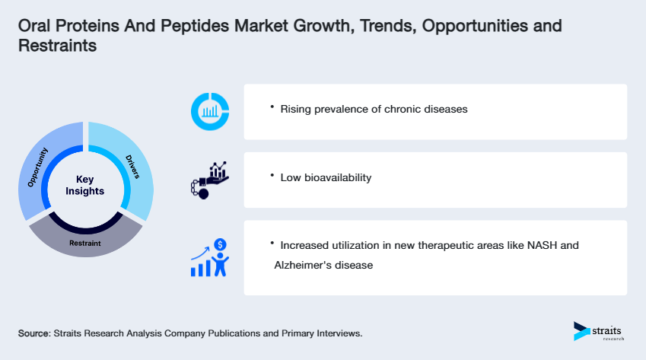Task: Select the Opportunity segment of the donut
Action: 39,168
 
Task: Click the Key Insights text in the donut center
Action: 84,185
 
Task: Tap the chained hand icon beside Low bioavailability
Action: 208,180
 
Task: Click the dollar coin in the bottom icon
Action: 220,244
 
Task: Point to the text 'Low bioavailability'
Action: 326,177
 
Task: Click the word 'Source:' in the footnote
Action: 34,333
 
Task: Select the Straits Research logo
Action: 597,331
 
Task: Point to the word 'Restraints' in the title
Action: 57,45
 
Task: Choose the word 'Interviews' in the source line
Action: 335,333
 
